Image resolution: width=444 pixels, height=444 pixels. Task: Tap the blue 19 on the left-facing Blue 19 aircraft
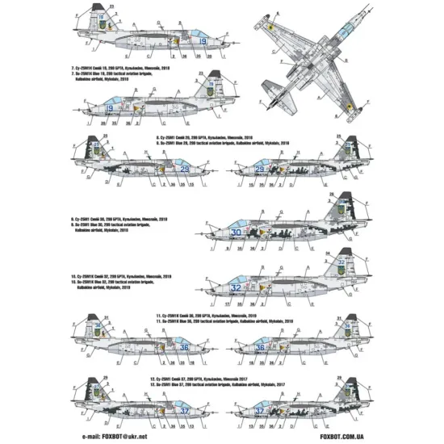[108, 107]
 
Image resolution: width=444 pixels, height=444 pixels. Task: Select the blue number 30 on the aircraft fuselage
[236, 232]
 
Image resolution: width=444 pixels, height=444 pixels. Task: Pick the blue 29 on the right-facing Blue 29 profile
[186, 169]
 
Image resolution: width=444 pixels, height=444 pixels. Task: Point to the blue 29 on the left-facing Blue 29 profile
[260, 169]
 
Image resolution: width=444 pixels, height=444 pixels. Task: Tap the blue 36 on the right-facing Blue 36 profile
[184, 347]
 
